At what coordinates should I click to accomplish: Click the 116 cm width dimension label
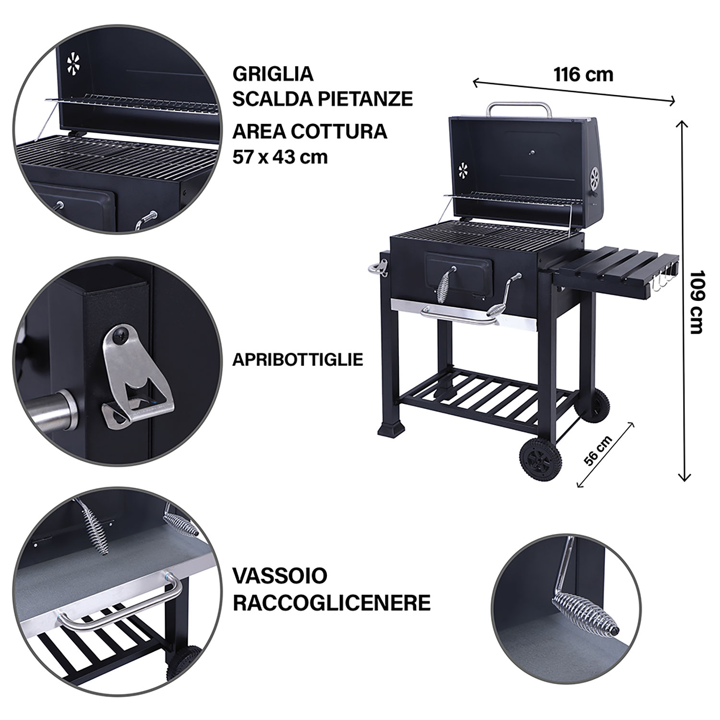point(583,75)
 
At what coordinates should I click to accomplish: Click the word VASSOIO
point(280,575)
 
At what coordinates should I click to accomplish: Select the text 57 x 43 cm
point(280,156)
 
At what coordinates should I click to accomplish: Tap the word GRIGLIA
point(273,74)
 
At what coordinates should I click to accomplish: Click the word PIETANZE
point(365,98)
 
